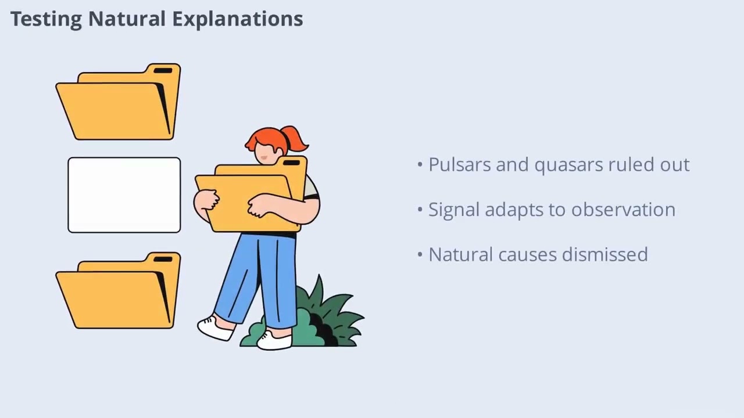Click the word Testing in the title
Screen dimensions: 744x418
[x=46, y=19]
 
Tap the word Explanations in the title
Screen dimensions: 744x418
[x=238, y=19]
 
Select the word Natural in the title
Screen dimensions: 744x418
[x=127, y=19]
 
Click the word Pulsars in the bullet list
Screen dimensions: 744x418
[x=460, y=164]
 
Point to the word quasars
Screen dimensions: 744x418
[x=568, y=165]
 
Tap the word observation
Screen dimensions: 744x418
[x=624, y=210]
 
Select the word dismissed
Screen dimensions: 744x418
[x=605, y=254]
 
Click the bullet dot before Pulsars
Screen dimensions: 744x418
[x=420, y=164]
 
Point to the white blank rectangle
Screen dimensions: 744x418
[x=124, y=195]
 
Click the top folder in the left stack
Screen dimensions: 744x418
[x=119, y=102]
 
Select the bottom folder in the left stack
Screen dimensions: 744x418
[x=119, y=291]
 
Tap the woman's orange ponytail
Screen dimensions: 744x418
[x=295, y=139]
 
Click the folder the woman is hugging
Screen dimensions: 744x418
[x=251, y=194]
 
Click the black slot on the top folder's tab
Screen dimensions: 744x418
[x=163, y=71]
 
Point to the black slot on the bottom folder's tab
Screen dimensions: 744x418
[x=163, y=260]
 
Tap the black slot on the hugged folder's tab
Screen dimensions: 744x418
[x=291, y=163]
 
